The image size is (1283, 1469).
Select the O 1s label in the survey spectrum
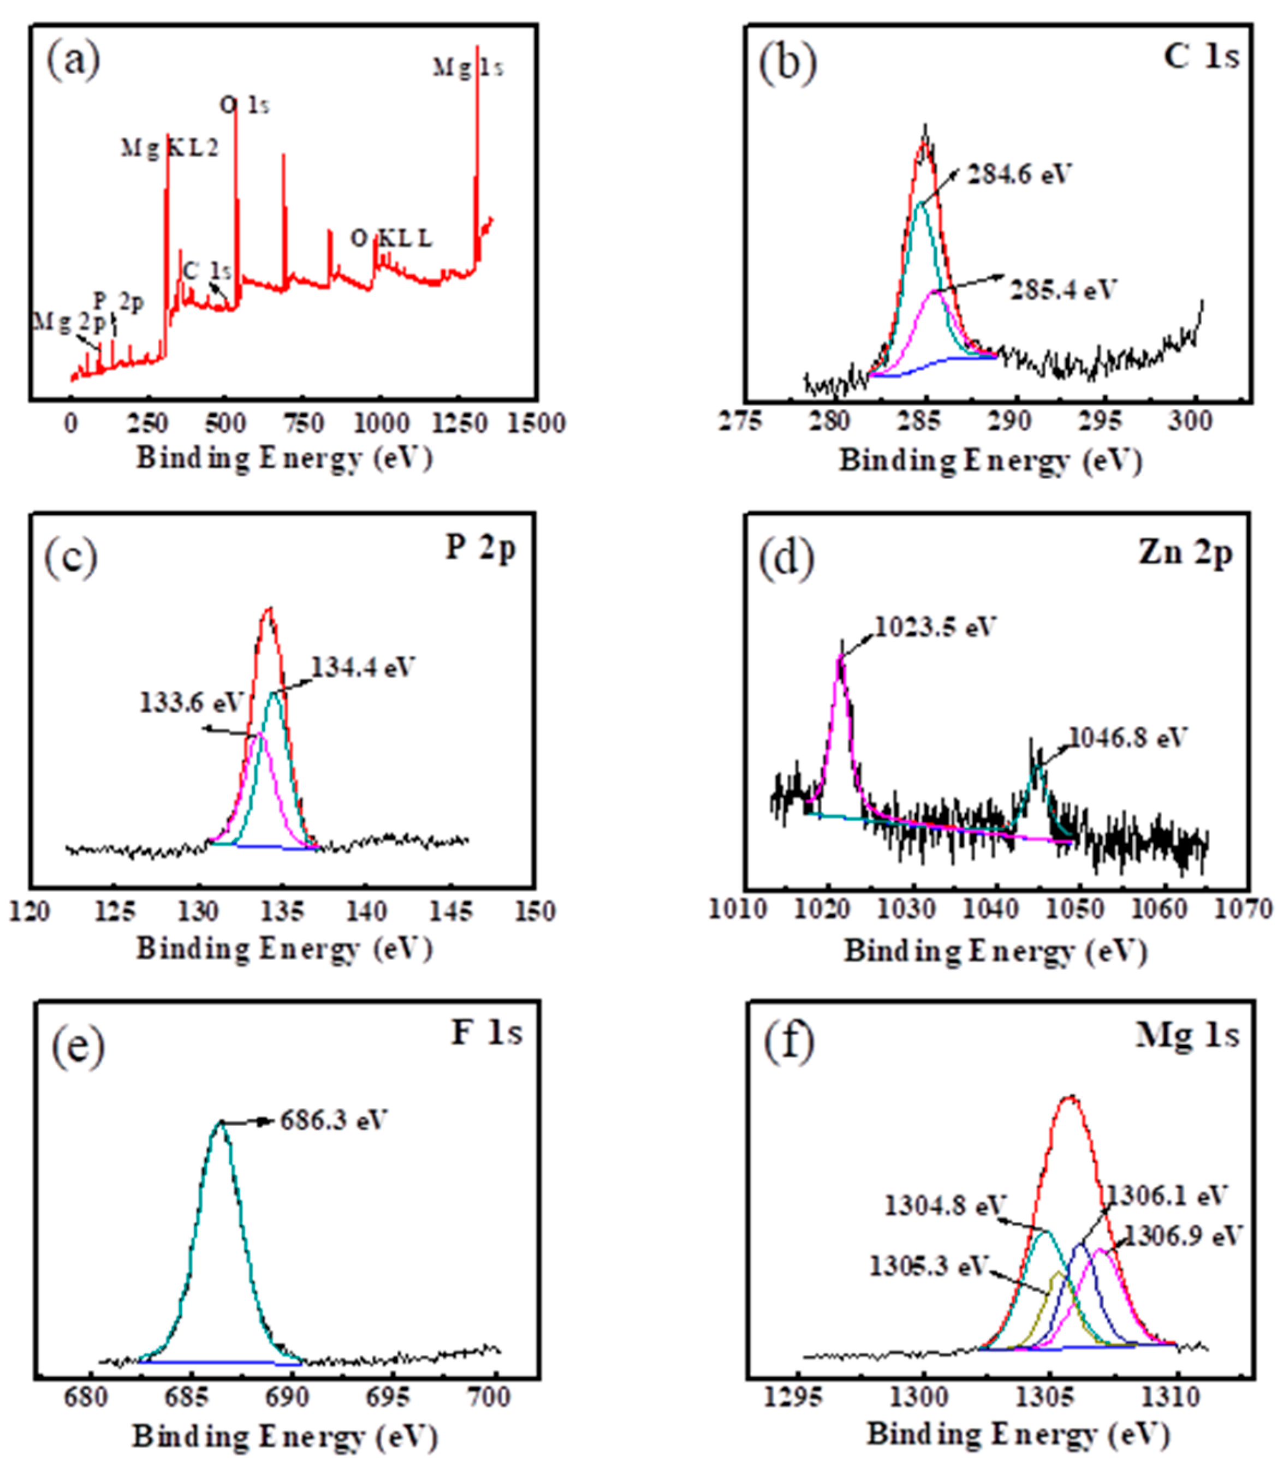click(x=244, y=106)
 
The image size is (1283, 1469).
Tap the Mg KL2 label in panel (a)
click(x=170, y=148)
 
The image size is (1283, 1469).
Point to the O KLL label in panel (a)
click(x=391, y=238)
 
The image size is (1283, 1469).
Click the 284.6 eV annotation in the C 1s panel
click(x=1019, y=174)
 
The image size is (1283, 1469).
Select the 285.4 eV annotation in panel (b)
click(x=1063, y=290)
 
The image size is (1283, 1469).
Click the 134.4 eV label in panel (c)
click(x=363, y=667)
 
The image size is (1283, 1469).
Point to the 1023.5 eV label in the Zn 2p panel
click(x=935, y=627)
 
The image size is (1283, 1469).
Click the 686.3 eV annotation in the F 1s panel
click(x=333, y=1120)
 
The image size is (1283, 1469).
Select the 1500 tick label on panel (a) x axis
click(x=536, y=423)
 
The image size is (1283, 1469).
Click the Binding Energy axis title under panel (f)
click(x=1018, y=1435)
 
